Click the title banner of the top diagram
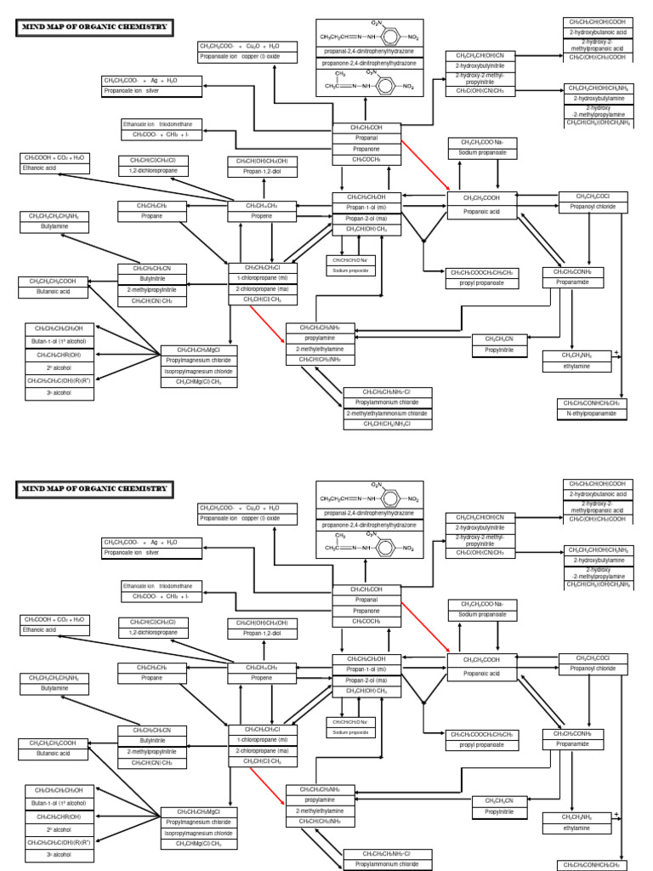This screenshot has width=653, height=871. (x=95, y=28)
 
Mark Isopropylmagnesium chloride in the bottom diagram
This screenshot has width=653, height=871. (x=198, y=833)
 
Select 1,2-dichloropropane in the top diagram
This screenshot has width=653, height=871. (x=154, y=171)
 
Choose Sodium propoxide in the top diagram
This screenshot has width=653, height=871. (x=350, y=270)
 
